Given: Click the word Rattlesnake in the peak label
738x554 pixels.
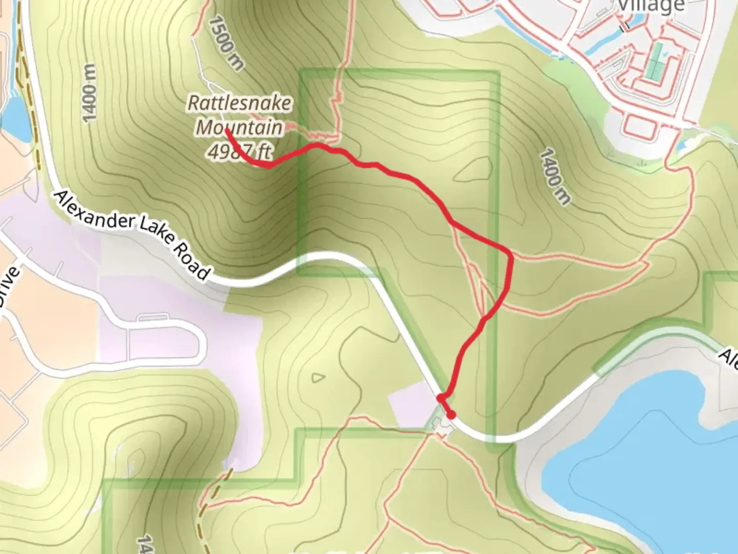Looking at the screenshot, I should [x=239, y=103].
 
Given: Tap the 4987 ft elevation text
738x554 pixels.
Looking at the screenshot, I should [x=240, y=151].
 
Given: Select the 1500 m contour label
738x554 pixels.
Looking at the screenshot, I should [x=226, y=43].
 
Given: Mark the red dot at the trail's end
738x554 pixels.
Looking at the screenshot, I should [x=452, y=415].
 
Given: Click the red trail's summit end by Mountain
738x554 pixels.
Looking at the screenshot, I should [x=227, y=130].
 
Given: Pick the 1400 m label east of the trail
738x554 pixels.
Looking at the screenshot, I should [x=555, y=176].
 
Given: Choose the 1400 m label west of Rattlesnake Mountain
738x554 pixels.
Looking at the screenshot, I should [x=89, y=93].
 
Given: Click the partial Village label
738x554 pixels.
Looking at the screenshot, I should [x=651, y=6].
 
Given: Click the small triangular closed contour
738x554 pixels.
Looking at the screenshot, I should [x=318, y=378].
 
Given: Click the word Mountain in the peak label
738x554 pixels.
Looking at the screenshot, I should [x=239, y=127].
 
